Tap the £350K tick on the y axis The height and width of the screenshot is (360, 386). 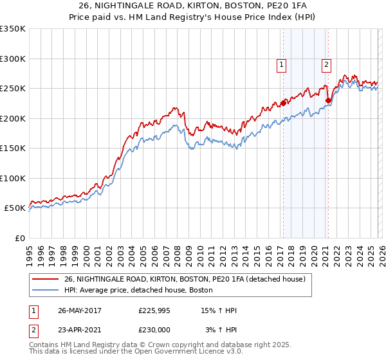13,29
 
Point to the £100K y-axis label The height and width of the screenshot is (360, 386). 13,178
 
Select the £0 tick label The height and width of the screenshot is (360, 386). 19,238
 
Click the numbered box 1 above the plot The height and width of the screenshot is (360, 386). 282,64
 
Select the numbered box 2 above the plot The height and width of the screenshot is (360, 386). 326,64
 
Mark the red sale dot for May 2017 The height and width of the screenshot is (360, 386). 283,102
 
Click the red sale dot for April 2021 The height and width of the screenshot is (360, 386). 328,100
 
